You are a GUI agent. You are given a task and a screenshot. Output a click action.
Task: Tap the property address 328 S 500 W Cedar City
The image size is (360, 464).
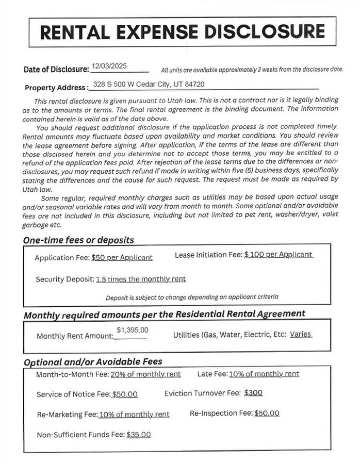coord(149,84)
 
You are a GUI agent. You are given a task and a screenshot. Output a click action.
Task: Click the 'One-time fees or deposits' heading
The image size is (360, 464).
coord(78,240)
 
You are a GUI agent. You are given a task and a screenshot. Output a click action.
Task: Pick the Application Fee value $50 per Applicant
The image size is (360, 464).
coord(122,257)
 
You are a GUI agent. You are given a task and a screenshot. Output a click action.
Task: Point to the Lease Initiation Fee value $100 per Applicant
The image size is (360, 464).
coord(279,255)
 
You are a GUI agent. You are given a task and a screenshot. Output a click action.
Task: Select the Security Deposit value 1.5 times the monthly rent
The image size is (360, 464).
coord(141,279)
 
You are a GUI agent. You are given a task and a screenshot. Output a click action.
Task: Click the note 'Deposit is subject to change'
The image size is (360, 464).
coord(192,297)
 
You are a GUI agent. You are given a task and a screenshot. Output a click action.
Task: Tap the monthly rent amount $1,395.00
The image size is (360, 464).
coord(133,330)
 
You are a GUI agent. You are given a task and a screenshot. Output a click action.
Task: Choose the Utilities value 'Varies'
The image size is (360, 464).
coord(300,334)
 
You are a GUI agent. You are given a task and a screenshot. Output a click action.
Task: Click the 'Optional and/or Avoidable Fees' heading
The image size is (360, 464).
coord(93,361)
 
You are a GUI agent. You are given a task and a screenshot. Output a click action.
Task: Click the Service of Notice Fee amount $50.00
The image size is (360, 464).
coord(125,394)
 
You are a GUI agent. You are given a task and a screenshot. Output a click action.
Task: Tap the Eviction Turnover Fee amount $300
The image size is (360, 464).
coord(253,393)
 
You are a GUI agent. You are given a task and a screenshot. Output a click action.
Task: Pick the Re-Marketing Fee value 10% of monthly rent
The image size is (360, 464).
coord(134,415)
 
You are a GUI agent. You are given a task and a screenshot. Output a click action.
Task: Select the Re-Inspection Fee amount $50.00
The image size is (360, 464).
coord(267,413)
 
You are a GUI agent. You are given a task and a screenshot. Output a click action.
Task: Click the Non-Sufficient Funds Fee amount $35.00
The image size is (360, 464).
coord(138,435)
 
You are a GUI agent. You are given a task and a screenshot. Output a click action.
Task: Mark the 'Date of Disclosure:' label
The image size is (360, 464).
coord(56,69)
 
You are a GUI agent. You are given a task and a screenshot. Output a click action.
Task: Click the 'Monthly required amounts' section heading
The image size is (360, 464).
coord(164,314)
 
